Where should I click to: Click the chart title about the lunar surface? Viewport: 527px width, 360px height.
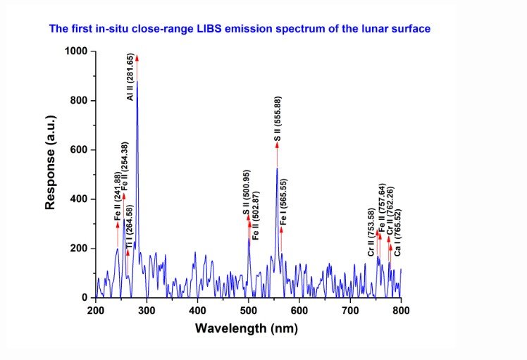pyautogui.click(x=240, y=29)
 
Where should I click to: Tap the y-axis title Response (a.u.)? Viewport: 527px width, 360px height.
pyautogui.click(x=50, y=174)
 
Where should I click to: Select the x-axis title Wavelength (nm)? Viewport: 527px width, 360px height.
pyautogui.click(x=247, y=328)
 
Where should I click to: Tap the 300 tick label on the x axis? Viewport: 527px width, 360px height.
pyautogui.click(x=147, y=310)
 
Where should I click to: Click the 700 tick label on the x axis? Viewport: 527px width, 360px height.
pyautogui.click(x=350, y=310)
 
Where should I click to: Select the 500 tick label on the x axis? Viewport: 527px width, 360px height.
pyautogui.click(x=248, y=310)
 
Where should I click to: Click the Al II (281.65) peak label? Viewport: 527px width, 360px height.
pyautogui.click(x=130, y=75)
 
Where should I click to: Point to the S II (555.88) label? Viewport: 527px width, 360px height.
pyautogui.click(x=278, y=120)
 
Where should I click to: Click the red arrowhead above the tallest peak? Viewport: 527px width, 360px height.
pyautogui.click(x=137, y=58)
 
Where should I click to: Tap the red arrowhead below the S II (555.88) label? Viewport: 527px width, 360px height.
pyautogui.click(x=277, y=145)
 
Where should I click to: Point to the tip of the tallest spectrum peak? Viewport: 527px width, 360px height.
pyautogui.click(x=137, y=82)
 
